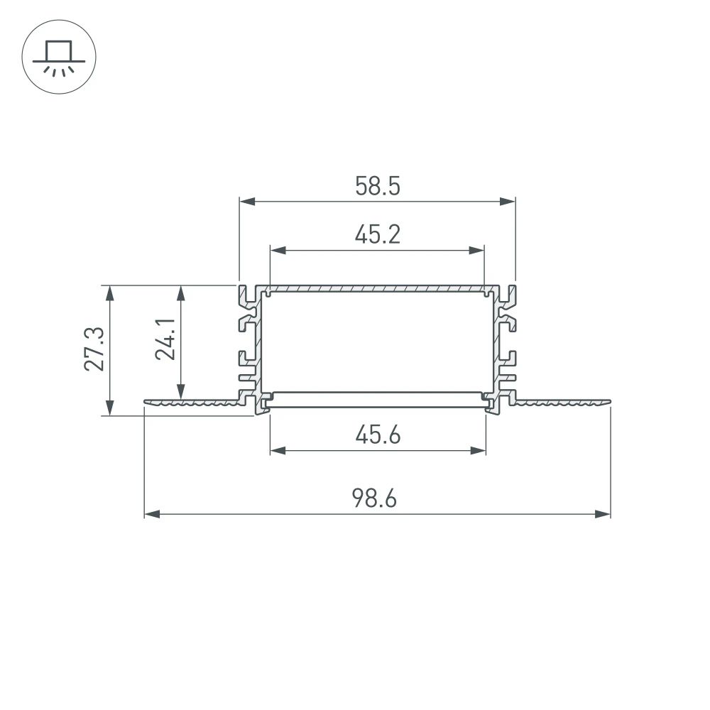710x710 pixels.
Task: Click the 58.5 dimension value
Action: (377, 187)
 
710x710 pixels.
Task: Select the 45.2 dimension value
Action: (377, 234)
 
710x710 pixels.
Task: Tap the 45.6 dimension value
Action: (377, 435)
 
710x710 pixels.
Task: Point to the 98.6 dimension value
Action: (377, 498)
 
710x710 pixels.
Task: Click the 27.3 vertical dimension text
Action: (94, 349)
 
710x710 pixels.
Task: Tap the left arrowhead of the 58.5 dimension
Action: (245, 202)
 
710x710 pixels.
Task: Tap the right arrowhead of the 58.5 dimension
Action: (508, 202)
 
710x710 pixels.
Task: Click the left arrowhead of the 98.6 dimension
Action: (151, 513)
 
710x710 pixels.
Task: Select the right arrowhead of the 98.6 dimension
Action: (604, 513)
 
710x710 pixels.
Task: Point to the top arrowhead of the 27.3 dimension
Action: (109, 291)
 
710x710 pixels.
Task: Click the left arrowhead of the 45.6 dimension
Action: (277, 450)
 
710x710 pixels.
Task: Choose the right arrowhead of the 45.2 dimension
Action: (478, 250)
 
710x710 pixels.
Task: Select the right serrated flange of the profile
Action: (561, 403)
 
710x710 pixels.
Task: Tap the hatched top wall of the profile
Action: (377, 290)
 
